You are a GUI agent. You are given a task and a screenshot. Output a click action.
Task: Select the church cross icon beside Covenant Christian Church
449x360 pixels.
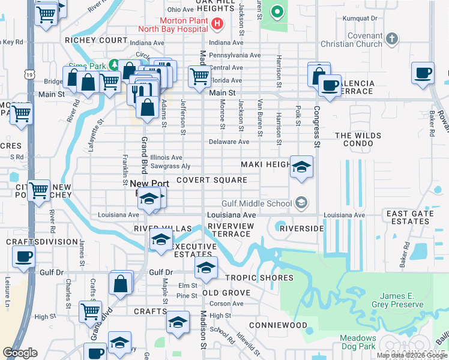click(391, 40)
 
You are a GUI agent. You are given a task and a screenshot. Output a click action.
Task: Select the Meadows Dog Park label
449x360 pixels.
click(358, 343)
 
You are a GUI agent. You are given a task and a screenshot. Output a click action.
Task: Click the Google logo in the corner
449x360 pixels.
click(20, 352)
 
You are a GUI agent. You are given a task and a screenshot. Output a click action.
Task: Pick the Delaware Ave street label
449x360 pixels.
click(229, 142)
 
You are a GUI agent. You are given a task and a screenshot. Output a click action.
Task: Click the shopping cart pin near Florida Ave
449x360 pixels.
click(199, 76)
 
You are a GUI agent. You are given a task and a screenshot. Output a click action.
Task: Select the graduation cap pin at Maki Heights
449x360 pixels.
click(301, 166)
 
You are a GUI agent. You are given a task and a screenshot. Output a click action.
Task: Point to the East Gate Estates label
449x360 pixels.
click(409, 218)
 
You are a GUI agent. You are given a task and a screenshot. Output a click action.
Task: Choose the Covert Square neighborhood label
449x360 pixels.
click(212, 180)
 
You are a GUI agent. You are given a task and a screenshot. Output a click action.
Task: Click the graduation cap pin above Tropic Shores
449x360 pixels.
click(205, 268)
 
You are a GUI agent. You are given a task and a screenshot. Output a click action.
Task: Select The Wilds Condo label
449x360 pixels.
click(358, 140)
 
